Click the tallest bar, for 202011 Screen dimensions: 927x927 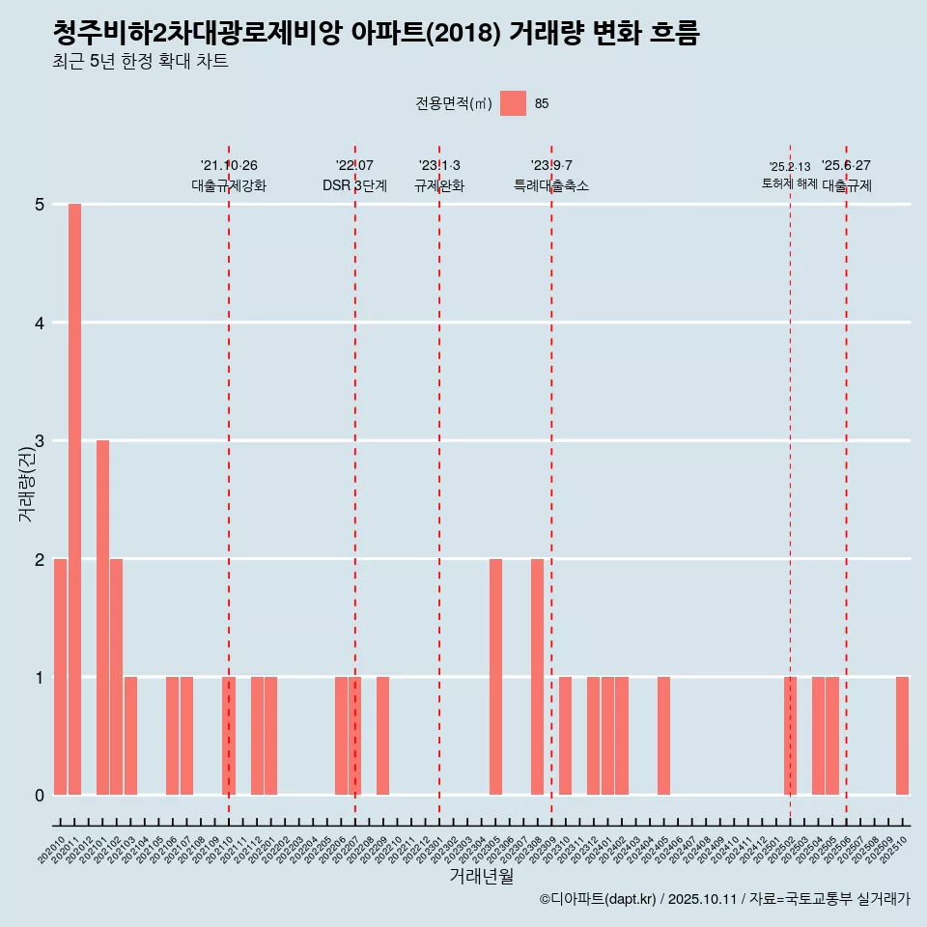[74, 499]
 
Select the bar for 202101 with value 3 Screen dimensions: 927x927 [102, 618]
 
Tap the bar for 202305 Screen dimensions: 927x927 [495, 677]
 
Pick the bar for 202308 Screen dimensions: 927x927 [537, 677]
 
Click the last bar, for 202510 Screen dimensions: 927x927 [902, 736]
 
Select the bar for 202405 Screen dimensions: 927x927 [663, 736]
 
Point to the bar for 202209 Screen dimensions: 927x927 [382, 736]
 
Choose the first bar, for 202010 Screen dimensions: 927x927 [60, 677]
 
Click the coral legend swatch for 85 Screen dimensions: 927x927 [513, 103]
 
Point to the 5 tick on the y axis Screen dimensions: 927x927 [40, 205]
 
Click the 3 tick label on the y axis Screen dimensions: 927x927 [40, 441]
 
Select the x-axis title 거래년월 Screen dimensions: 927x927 [481, 876]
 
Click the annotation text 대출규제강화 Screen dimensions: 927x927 [229, 186]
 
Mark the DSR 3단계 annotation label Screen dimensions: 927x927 [354, 186]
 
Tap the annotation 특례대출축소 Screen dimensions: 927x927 [551, 186]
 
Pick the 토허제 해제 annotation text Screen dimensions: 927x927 [789, 183]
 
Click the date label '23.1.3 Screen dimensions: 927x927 [439, 165]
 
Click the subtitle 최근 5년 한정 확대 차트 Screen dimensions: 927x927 [141, 62]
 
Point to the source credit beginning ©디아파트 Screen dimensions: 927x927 [724, 899]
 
